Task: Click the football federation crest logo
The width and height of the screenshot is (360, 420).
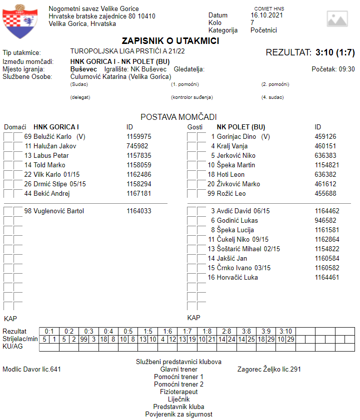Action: [19, 21]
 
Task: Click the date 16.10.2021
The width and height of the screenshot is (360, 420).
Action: [267, 15]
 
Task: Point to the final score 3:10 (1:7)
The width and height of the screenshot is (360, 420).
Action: [335, 52]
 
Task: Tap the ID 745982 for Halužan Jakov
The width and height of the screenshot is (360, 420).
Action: [137, 146]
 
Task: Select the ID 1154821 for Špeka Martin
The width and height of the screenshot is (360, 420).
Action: [327, 165]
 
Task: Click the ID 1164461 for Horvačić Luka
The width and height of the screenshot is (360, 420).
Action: [327, 277]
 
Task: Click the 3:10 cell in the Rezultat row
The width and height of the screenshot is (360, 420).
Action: [285, 331]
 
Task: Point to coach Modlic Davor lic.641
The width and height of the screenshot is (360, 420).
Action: [31, 370]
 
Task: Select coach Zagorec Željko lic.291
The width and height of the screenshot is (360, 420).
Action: [269, 370]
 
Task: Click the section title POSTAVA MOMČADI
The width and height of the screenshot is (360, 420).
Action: [178, 117]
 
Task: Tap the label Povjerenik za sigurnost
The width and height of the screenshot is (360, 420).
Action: [178, 414]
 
